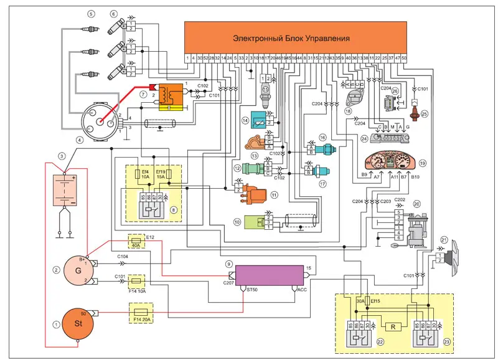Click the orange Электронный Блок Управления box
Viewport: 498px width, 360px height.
296,37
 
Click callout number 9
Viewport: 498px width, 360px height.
230,264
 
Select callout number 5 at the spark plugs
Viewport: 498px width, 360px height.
92,13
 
